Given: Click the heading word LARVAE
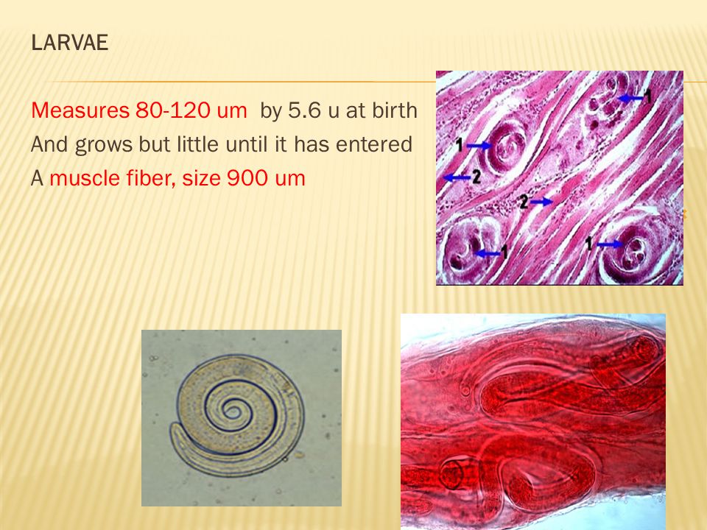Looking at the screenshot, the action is pyautogui.click(x=70, y=43).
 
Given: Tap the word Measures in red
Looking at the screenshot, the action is pyautogui.click(x=80, y=110).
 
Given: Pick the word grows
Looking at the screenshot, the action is pyautogui.click(x=103, y=145).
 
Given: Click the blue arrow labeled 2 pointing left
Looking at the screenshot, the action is pyautogui.click(x=457, y=178).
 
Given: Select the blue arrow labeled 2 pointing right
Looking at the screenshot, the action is pyautogui.click(x=541, y=202).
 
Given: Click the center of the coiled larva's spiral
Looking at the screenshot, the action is pyautogui.click(x=232, y=411).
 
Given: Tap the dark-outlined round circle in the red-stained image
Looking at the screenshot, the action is pyautogui.click(x=451, y=474).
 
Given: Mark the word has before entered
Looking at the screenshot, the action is pyautogui.click(x=311, y=144).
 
